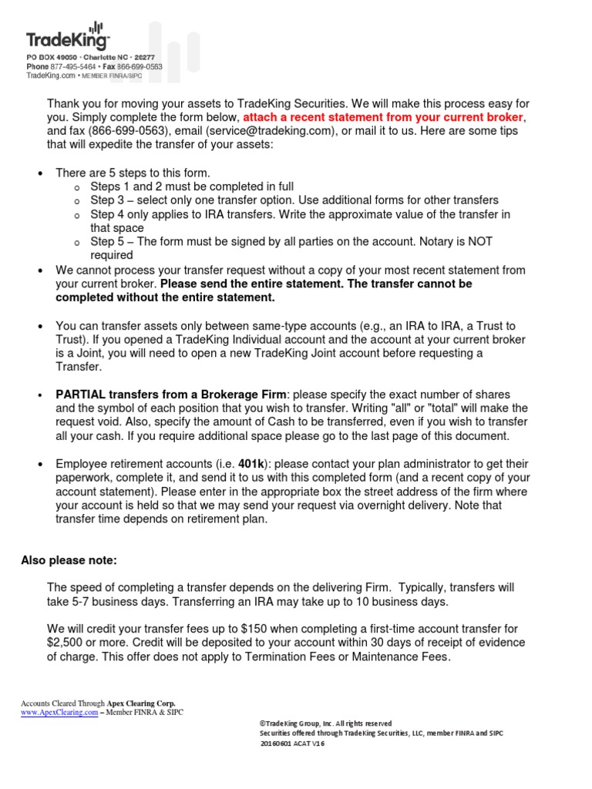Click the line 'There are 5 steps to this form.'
point(133,173)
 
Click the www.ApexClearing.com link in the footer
point(59,712)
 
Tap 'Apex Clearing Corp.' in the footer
point(141,703)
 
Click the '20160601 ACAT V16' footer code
point(292,744)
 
